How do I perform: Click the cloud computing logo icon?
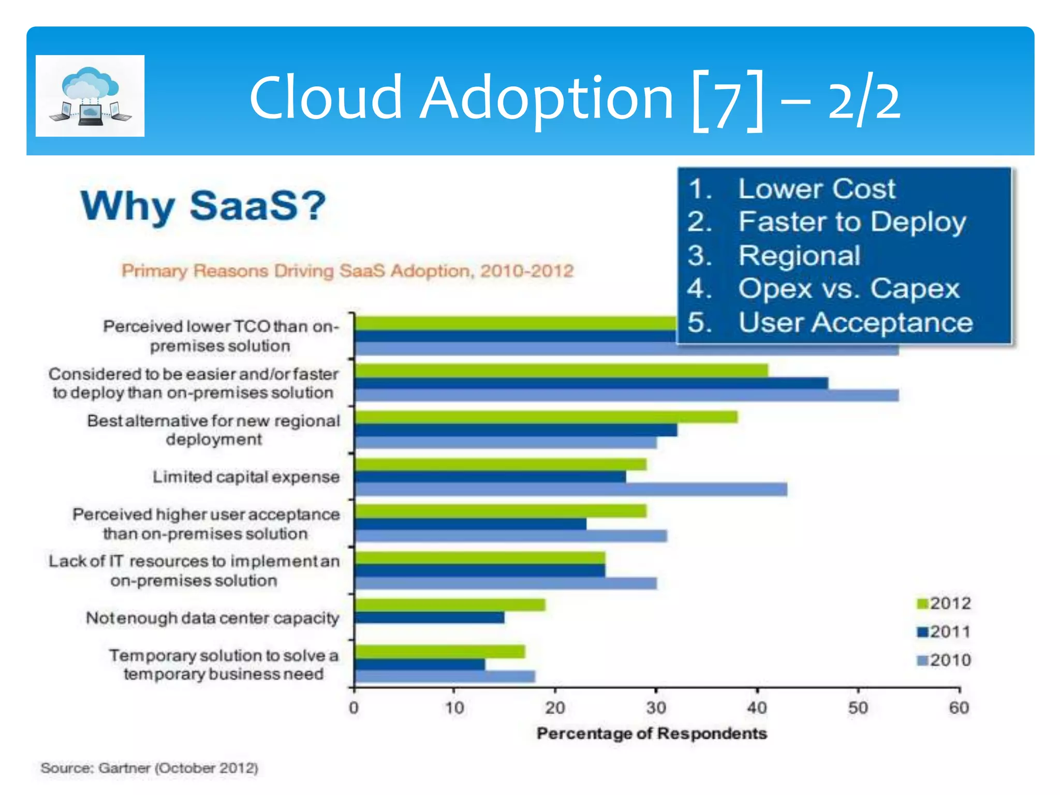pyautogui.click(x=90, y=96)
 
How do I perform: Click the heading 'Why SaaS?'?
pyautogui.click(x=203, y=205)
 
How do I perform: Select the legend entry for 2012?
pyautogui.click(x=944, y=603)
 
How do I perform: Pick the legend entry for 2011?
pyautogui.click(x=944, y=632)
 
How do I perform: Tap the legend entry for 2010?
pyautogui.click(x=944, y=660)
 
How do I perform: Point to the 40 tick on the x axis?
pyautogui.click(x=757, y=708)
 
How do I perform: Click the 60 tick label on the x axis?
pyautogui.click(x=959, y=708)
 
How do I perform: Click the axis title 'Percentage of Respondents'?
pyautogui.click(x=651, y=733)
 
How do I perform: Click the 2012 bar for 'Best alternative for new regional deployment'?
pyautogui.click(x=546, y=417)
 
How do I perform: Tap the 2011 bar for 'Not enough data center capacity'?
pyautogui.click(x=430, y=617)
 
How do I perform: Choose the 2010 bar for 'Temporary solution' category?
pyautogui.click(x=445, y=676)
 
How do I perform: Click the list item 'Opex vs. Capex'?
pyautogui.click(x=848, y=289)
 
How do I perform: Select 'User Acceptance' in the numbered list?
pyautogui.click(x=855, y=322)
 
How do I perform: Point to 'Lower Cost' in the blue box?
pyautogui.click(x=816, y=188)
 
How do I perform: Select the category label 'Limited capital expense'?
pyautogui.click(x=246, y=477)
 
